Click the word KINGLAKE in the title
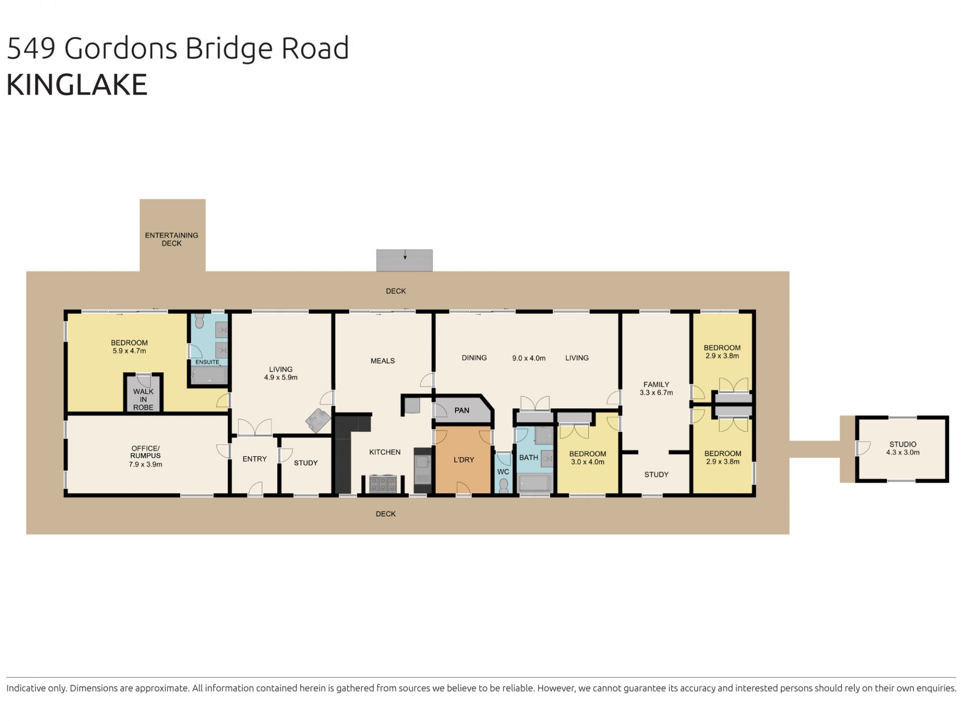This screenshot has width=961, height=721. point(77,84)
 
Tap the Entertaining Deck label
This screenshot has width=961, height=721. point(172,239)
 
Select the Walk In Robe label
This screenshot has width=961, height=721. point(143,400)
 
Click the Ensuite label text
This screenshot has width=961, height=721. point(207,362)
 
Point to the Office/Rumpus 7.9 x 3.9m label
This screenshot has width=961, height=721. point(146,456)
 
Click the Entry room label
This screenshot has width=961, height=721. point(254,459)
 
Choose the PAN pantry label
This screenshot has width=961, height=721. point(461,411)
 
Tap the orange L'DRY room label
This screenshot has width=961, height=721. point(463,460)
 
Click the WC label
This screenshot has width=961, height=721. point(503,472)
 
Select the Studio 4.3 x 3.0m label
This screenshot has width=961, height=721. point(903,448)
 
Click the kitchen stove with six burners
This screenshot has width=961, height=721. point(383,484)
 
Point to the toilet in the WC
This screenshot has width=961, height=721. point(504,485)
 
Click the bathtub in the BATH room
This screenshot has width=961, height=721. point(536,484)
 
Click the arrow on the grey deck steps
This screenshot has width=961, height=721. point(405,256)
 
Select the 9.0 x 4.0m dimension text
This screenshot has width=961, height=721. point(529,358)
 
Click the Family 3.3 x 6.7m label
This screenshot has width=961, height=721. point(656,389)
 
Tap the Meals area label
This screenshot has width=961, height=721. point(382,361)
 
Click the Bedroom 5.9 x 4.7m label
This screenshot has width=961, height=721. point(129,347)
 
